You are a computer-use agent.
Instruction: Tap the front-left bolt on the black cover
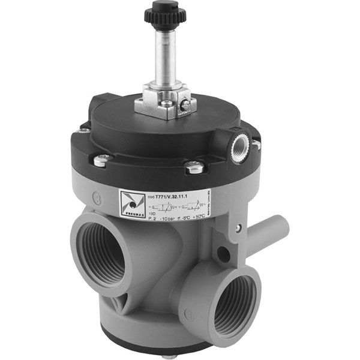click(x=103, y=160)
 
